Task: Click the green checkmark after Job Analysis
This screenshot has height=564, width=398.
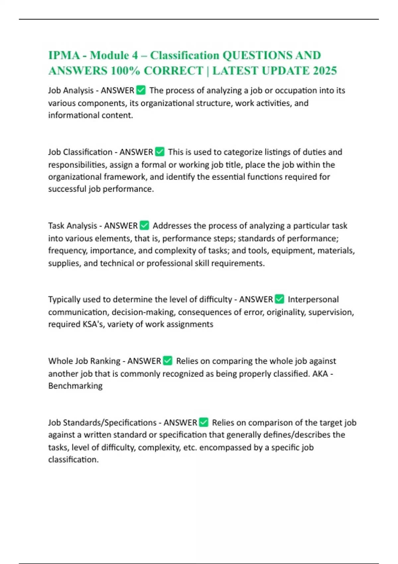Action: [141, 90]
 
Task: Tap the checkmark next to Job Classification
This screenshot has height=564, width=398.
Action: [160, 152]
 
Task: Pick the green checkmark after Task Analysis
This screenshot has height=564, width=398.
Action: [144, 226]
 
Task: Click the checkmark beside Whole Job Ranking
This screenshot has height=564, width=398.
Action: [168, 361]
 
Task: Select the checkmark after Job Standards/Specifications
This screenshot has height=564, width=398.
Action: [204, 422]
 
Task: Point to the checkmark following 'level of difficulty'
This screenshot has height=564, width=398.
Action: [280, 299]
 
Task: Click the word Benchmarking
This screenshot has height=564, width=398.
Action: [75, 386]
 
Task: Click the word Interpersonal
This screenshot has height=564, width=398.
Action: [313, 299]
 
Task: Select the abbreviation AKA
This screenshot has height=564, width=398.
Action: [320, 374]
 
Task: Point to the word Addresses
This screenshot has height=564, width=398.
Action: [172, 226]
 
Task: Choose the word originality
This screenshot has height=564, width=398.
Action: [286, 312]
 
